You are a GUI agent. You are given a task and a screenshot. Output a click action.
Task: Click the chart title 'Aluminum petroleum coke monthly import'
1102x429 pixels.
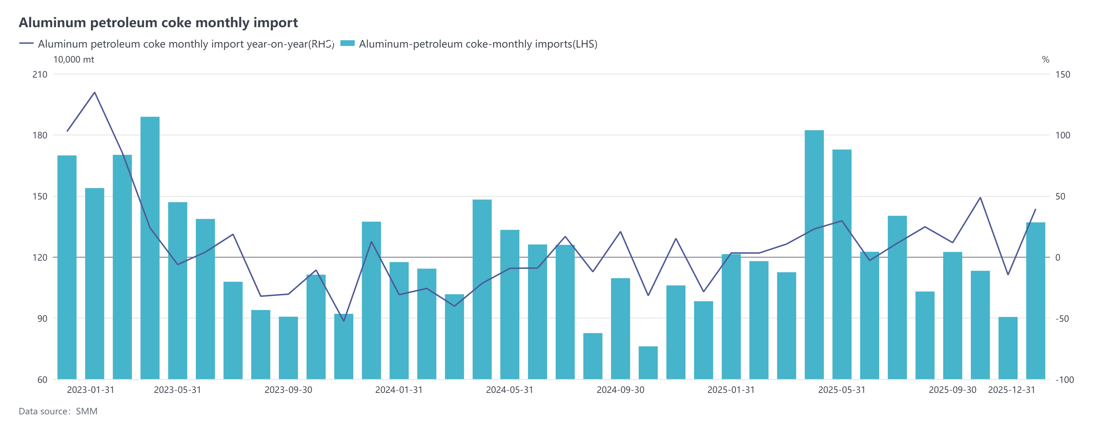[158, 22]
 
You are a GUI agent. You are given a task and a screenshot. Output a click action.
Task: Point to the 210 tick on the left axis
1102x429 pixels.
[40, 74]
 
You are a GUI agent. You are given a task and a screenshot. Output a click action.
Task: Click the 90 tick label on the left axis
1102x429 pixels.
[42, 319]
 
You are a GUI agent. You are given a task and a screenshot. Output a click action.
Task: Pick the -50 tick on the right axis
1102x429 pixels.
[1062, 319]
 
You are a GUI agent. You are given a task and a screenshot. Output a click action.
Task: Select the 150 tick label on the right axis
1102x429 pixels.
[1063, 74]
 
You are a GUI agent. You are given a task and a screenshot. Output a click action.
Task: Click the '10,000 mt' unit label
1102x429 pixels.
[73, 59]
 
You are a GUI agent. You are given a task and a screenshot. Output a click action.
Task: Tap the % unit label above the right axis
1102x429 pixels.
[1046, 59]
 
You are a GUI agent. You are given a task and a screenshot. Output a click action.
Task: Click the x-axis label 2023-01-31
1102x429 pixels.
[91, 390]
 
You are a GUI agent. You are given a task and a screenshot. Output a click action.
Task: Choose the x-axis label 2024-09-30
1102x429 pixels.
[620, 390]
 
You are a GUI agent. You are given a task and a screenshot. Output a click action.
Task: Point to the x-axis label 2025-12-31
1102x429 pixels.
[1011, 390]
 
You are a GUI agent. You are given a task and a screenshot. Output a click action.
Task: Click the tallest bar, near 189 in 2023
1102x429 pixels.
[150, 248]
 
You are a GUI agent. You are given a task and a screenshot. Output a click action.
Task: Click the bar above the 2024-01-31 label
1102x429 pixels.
[399, 321]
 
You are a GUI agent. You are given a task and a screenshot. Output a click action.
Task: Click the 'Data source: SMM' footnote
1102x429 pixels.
[58, 411]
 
